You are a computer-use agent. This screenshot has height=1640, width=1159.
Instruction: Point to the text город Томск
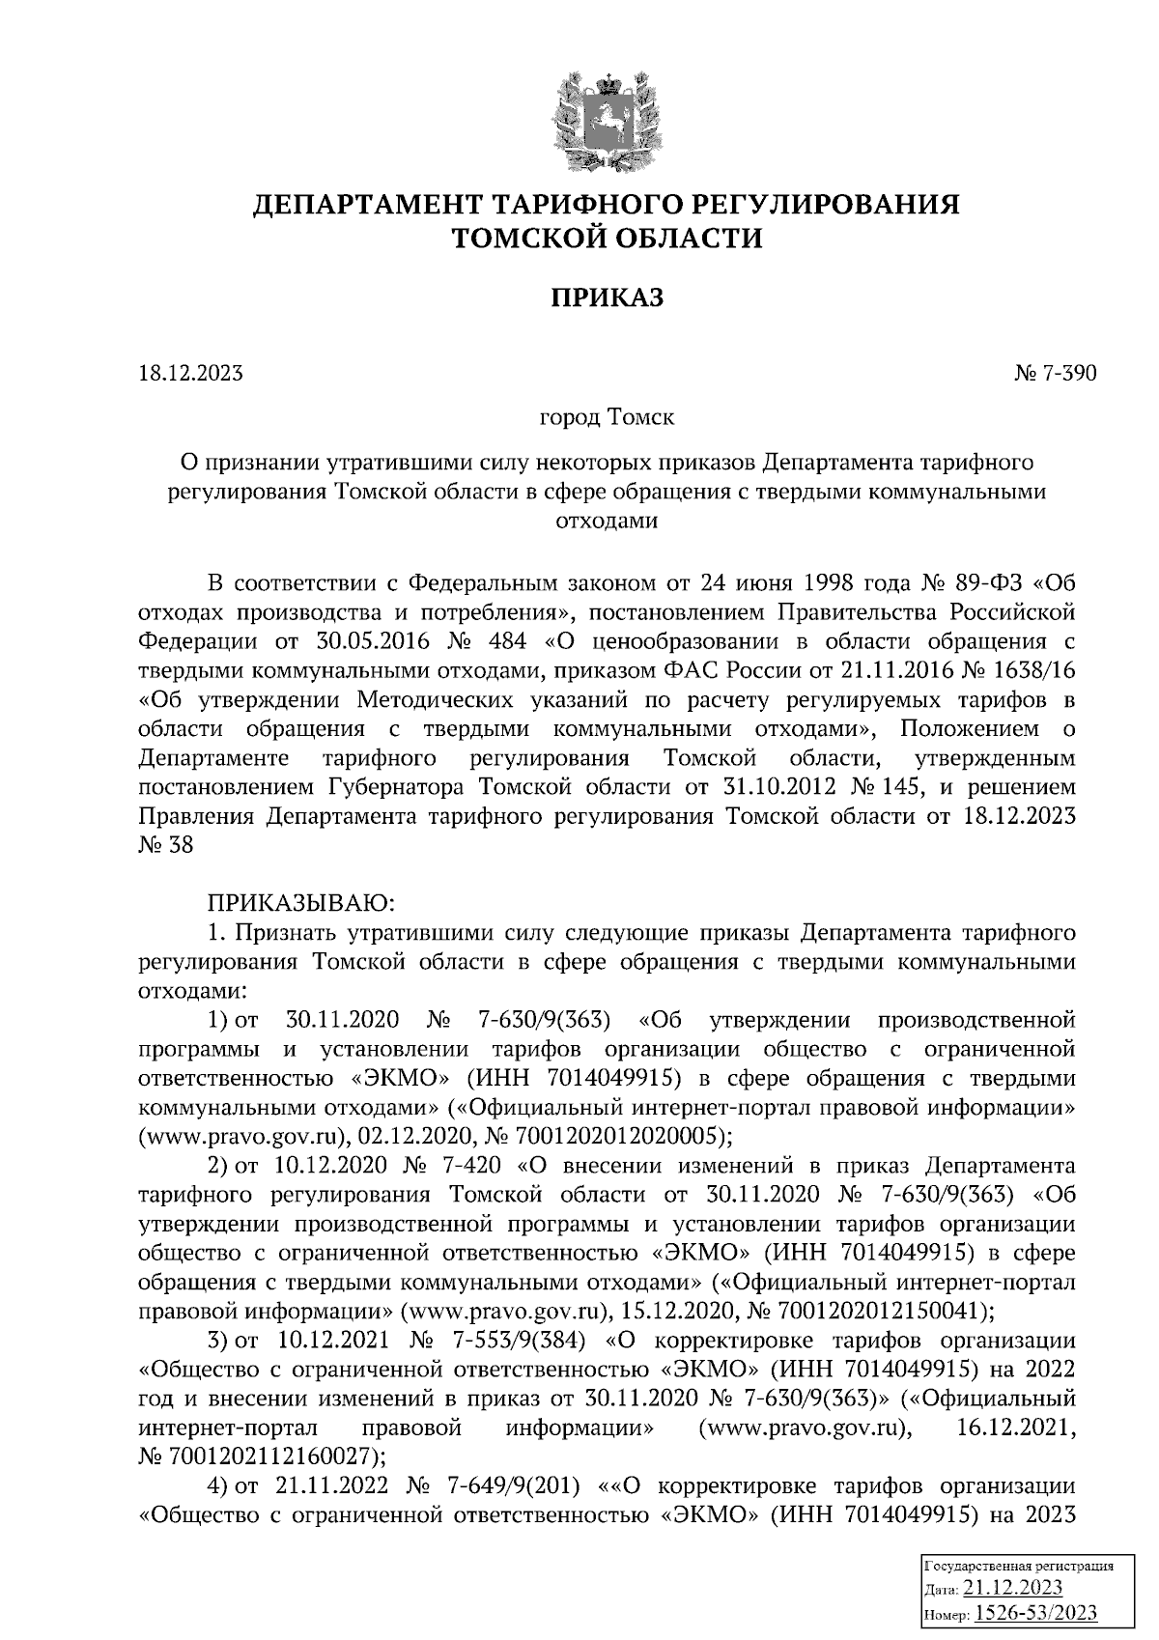coord(607,418)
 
